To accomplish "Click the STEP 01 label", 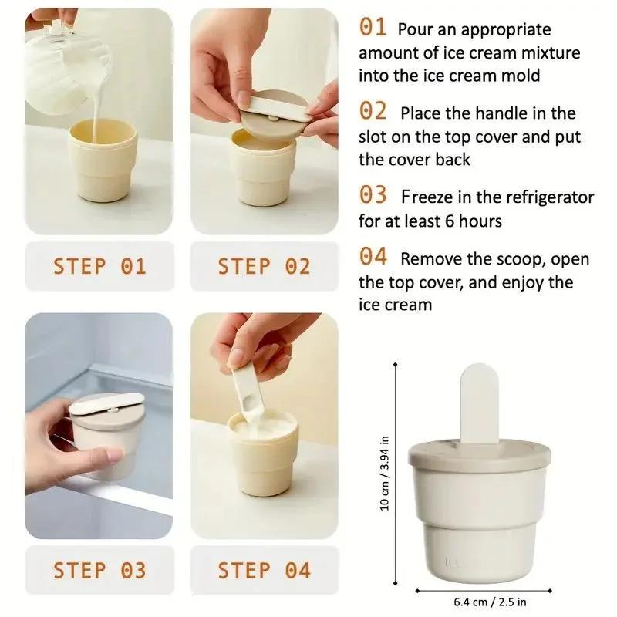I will tap(99, 267).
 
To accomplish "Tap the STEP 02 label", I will tap(264, 267).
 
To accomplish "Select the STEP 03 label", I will tap(99, 571).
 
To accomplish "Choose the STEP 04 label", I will tap(264, 571).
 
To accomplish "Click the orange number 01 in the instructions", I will tap(373, 28).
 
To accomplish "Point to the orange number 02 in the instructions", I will tap(373, 112).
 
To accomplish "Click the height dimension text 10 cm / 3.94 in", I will tap(386, 472).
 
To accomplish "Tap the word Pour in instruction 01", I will tap(415, 30).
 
